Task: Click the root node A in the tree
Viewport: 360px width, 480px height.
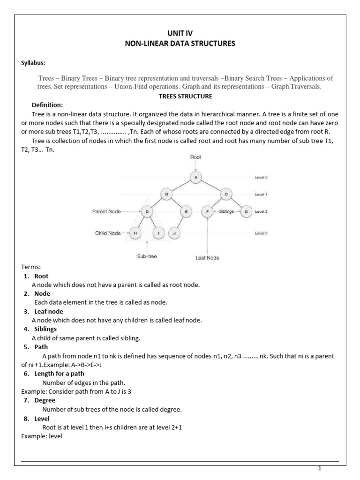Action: click(x=196, y=177)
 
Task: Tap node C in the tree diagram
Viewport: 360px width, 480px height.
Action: click(x=226, y=194)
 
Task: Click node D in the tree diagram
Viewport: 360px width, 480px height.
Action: click(x=147, y=212)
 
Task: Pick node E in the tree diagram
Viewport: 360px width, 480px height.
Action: click(x=186, y=212)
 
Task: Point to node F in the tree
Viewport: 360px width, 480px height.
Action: click(x=207, y=212)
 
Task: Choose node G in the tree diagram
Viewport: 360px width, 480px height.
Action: click(x=246, y=212)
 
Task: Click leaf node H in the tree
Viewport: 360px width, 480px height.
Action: click(x=135, y=233)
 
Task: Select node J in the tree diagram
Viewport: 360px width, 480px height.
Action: click(x=174, y=233)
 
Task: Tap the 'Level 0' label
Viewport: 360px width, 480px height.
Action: click(x=261, y=178)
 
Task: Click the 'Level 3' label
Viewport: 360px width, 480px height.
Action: click(x=261, y=233)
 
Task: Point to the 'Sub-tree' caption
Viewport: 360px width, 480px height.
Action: click(x=147, y=257)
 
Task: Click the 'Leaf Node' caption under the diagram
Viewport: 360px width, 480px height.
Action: click(x=207, y=257)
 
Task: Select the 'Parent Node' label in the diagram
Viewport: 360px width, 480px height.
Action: click(x=106, y=212)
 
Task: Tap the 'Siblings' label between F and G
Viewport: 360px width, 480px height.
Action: click(x=226, y=212)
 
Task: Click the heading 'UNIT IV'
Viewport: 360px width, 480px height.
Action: click(x=180, y=33)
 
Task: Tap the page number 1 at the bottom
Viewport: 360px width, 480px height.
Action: click(x=319, y=468)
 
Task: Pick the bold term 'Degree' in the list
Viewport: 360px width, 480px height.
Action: click(x=45, y=400)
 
